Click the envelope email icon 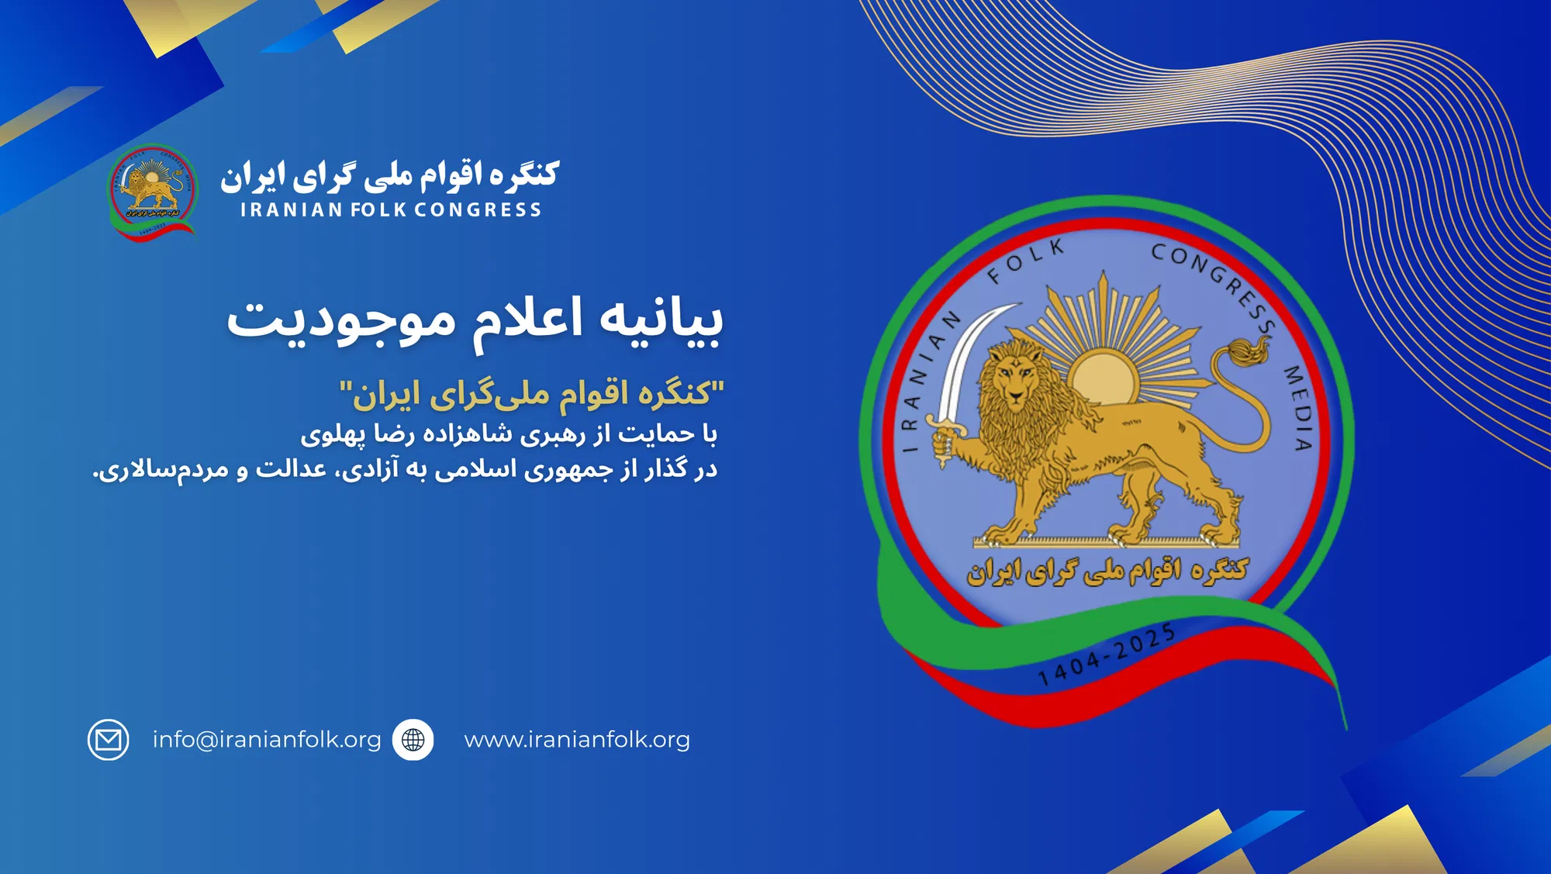pos(108,740)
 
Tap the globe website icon pos(413,740)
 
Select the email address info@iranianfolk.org pos(267,740)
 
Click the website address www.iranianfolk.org pos(577,740)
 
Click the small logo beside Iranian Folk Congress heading pos(152,190)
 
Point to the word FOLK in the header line pos(378,210)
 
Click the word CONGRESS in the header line pos(478,210)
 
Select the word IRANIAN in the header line pos(292,210)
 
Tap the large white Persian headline pos(475,319)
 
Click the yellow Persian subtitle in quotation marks pos(532,394)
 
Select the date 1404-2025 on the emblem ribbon pos(1106,656)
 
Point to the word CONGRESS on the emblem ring pos(1214,283)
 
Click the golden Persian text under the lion pos(1107,572)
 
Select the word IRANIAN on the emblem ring pos(927,380)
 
